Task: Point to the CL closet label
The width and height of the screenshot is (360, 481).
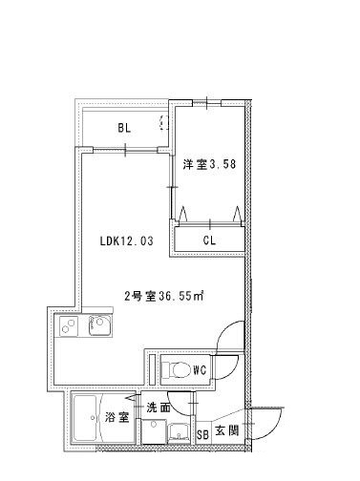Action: pos(209,240)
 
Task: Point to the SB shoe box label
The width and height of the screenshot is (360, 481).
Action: pos(201,434)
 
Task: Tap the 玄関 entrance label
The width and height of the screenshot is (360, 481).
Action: pos(226,431)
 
